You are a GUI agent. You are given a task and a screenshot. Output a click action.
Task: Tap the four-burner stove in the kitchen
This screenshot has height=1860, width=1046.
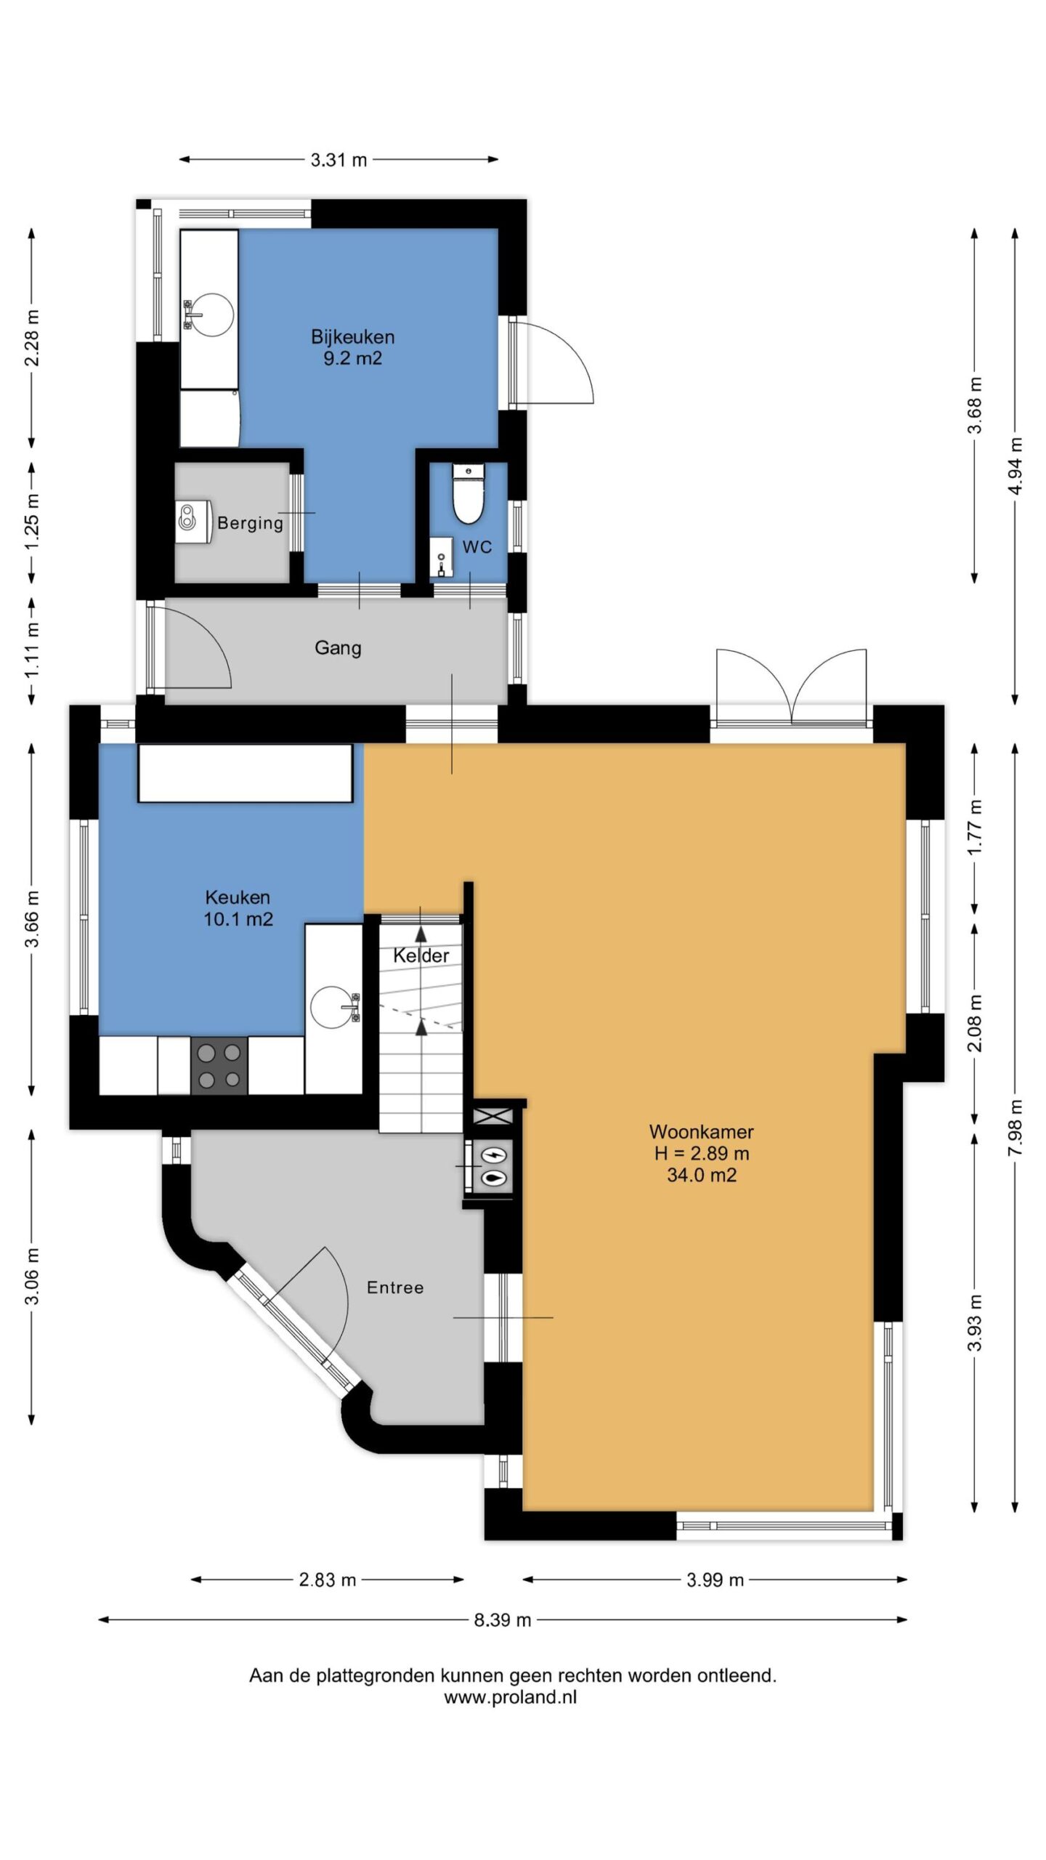219,1066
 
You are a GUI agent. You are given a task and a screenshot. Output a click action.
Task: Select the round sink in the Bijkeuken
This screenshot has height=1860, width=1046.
209,315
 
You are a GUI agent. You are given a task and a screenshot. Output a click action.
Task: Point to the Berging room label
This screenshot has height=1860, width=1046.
250,523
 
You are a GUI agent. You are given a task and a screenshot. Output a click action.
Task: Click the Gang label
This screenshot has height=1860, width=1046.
338,647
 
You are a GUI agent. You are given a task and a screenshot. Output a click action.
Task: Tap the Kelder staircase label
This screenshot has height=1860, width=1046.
421,955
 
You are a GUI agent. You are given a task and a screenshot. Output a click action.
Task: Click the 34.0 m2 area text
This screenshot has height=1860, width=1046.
702,1175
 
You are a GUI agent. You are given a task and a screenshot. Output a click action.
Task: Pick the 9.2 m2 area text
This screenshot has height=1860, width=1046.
352,358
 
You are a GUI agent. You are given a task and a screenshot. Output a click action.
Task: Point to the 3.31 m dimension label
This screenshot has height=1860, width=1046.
338,160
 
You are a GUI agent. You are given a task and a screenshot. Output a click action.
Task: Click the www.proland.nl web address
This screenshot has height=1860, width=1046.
511,1697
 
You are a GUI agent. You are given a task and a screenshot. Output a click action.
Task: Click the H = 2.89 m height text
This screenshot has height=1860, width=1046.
702,1153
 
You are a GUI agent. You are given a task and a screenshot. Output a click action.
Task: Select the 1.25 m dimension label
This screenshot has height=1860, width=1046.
33,523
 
